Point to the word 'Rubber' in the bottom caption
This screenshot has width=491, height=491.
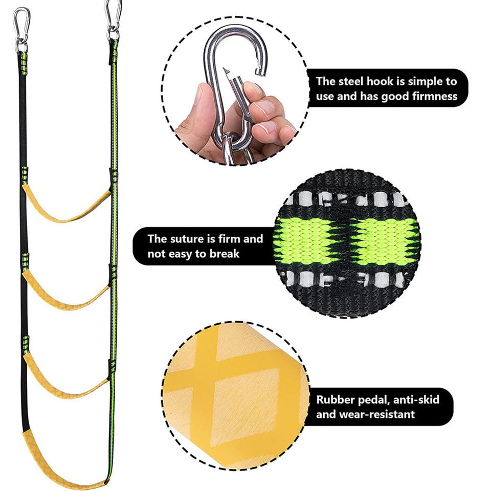point(335,399)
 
